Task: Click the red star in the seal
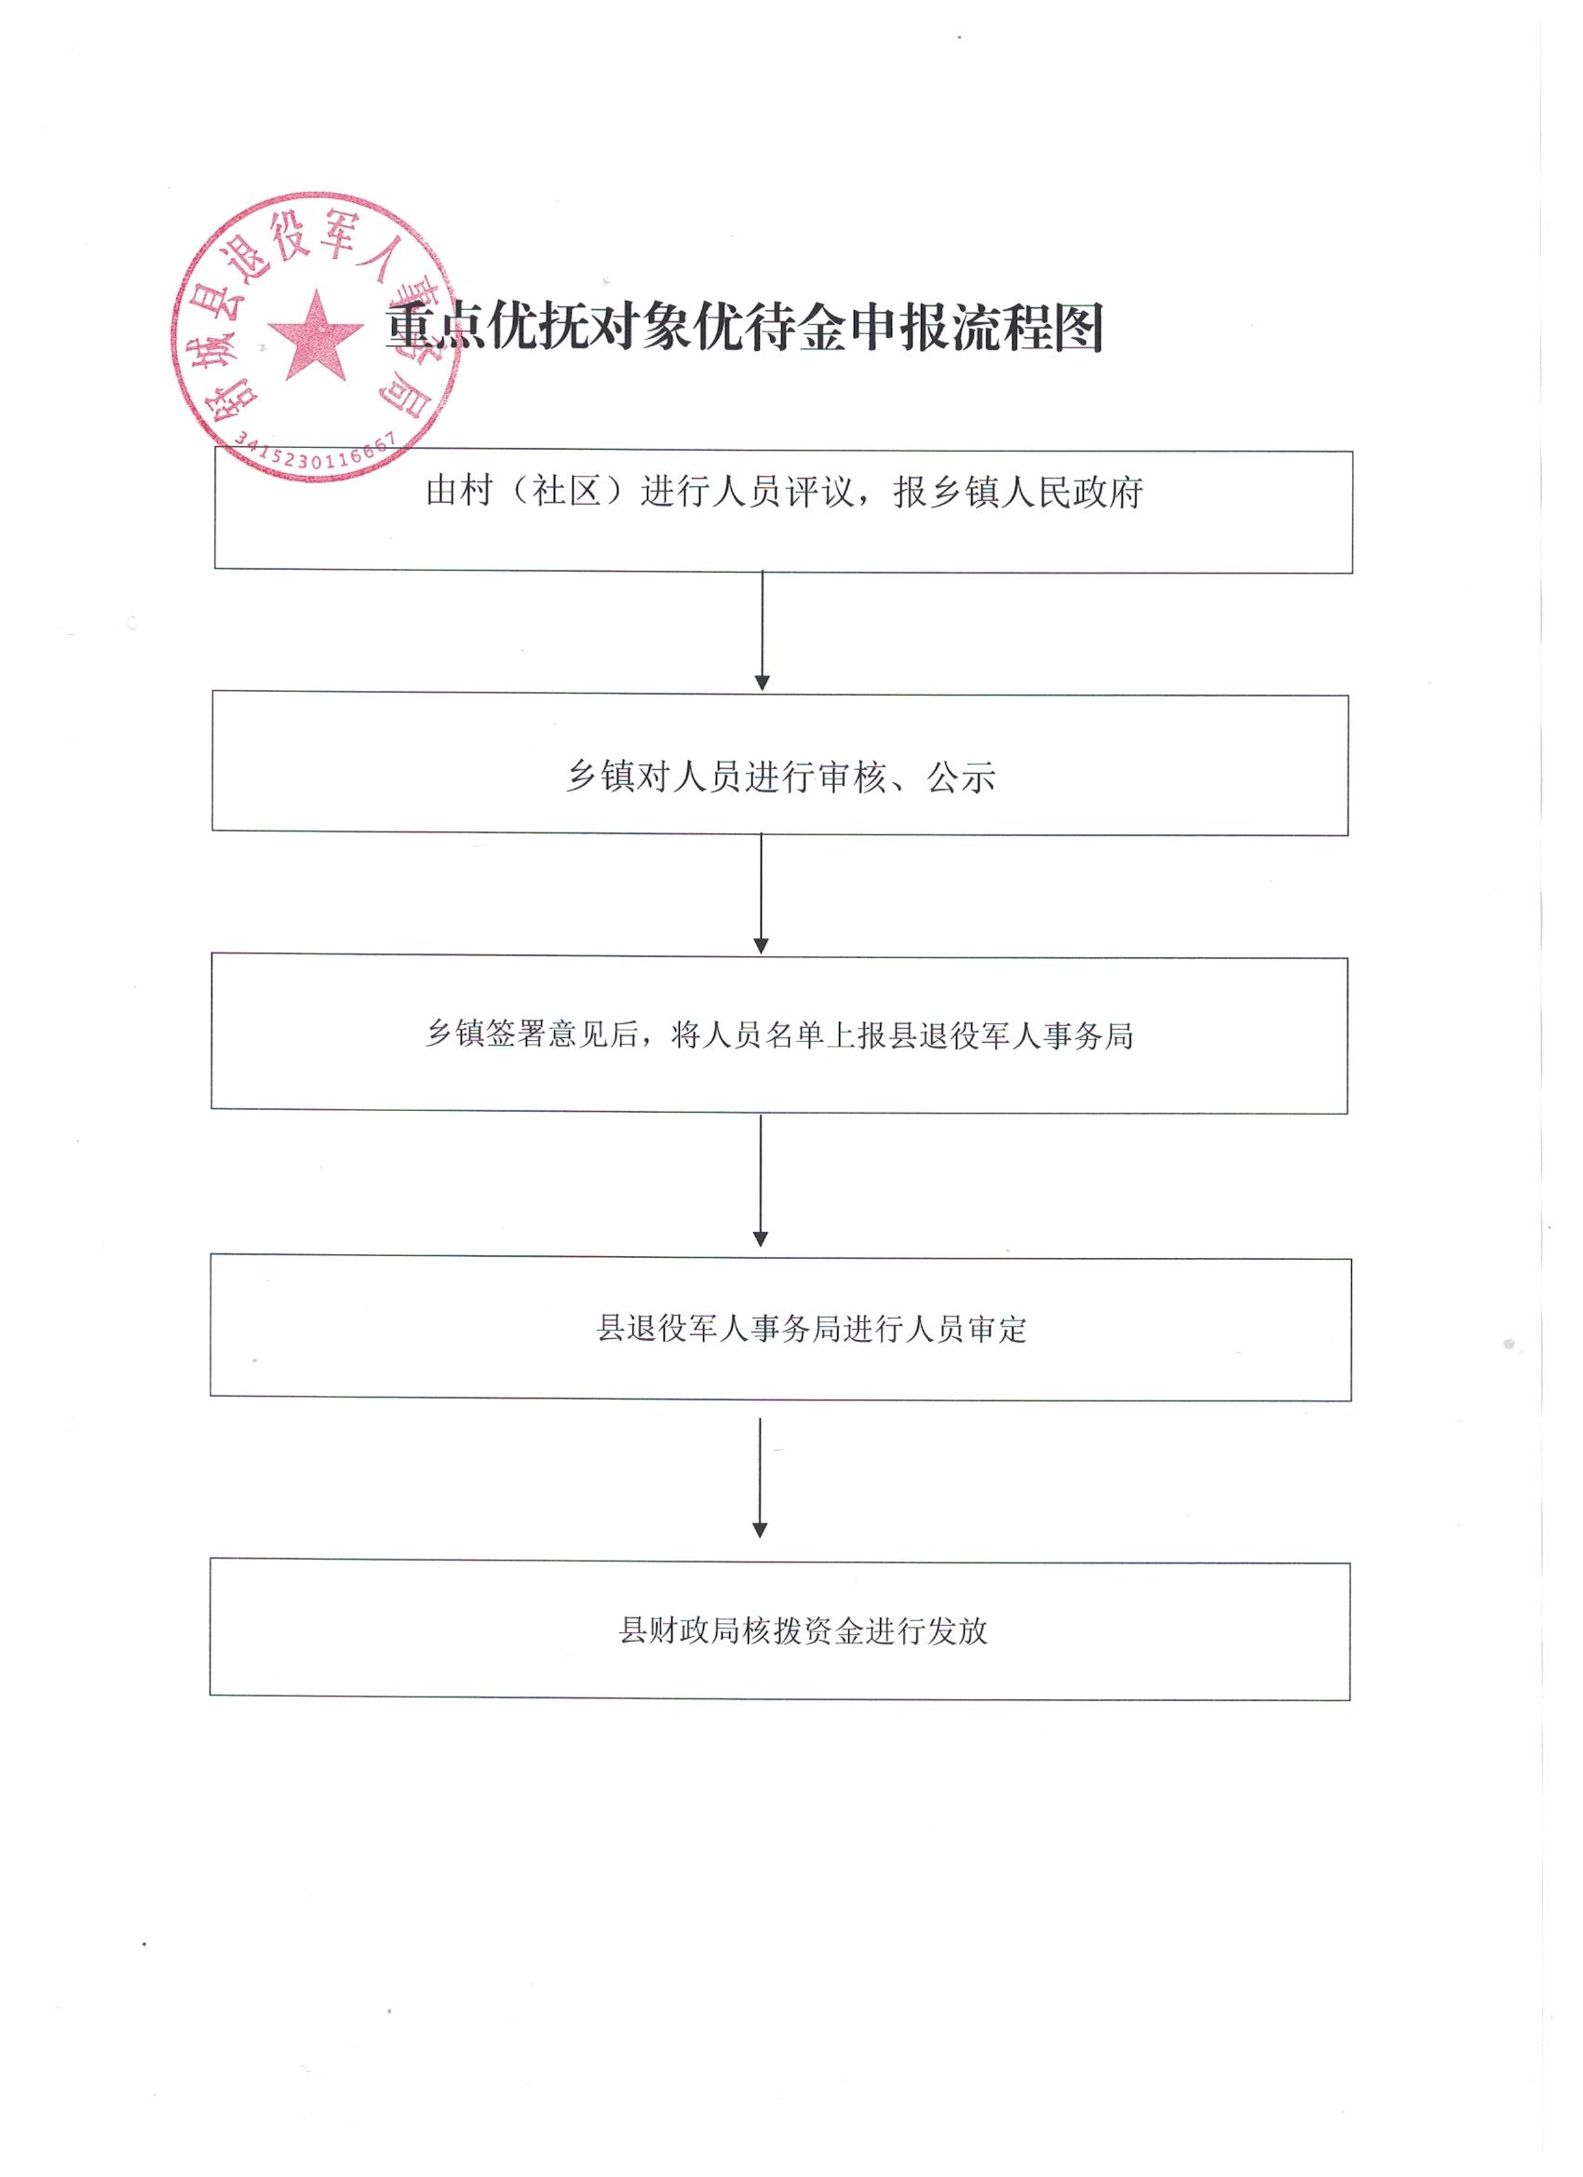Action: [316, 336]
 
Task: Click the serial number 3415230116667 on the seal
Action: [315, 453]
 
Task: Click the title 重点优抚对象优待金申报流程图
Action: [745, 328]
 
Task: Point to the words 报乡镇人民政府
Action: [1019, 492]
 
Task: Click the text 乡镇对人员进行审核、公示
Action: [780, 777]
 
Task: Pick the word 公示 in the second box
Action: [961, 777]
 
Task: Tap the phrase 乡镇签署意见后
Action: [533, 1034]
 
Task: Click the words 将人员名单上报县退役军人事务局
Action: [903, 1034]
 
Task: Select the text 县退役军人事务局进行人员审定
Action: [812, 1329]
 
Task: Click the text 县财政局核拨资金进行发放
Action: [804, 1630]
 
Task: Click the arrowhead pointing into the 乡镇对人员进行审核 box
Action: [763, 683]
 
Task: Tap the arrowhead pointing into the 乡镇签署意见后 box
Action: [762, 945]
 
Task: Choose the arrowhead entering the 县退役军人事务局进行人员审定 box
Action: [760, 1238]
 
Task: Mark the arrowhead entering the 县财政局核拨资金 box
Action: [759, 1530]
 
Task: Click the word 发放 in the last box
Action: [957, 1630]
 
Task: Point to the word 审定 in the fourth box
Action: [997, 1329]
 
